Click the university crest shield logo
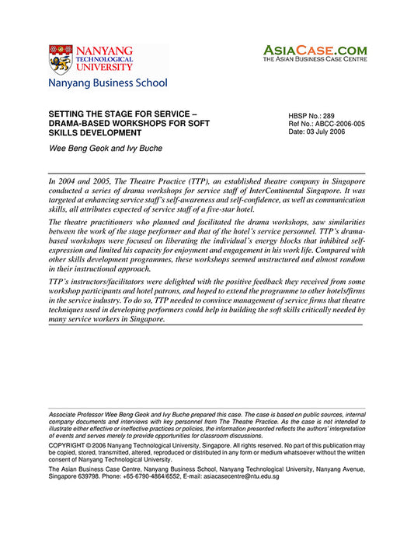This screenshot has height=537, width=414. tap(60, 58)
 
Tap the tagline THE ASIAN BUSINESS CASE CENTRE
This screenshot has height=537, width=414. tap(314, 59)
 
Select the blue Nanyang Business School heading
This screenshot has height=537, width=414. tap(107, 82)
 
